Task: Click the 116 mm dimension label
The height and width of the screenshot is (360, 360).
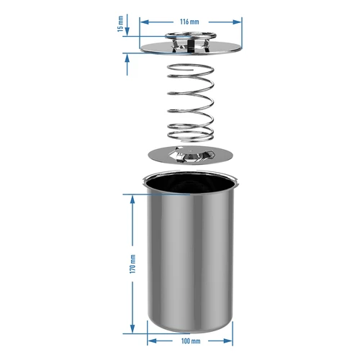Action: tap(189, 22)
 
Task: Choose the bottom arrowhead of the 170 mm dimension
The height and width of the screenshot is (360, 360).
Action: tap(132, 330)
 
